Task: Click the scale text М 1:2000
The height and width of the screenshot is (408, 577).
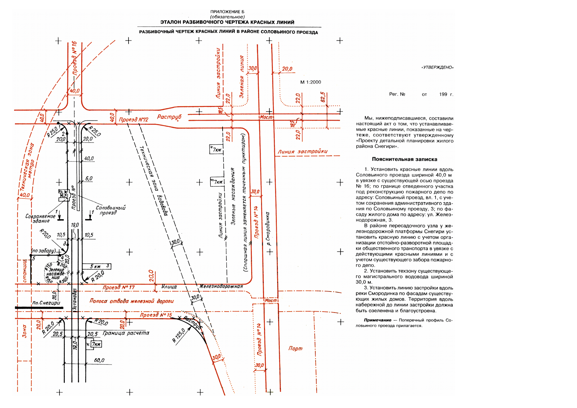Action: pyautogui.click(x=310, y=82)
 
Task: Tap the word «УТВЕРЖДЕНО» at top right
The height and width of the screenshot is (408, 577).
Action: pyautogui.click(x=437, y=67)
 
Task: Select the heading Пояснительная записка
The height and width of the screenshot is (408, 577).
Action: pyautogui.click(x=404, y=159)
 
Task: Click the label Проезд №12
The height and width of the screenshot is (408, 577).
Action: pyautogui.click(x=133, y=120)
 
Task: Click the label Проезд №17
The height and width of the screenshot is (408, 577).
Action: pyautogui.click(x=119, y=288)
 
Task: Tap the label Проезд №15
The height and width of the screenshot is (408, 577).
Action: pyautogui.click(x=156, y=315)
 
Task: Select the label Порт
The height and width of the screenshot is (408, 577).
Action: pyautogui.click(x=295, y=348)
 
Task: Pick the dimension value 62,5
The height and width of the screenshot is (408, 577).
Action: pyautogui.click(x=323, y=97)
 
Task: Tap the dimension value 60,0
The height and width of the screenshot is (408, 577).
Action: pyautogui.click(x=99, y=360)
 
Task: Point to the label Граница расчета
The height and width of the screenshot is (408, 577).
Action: pyautogui.click(x=126, y=333)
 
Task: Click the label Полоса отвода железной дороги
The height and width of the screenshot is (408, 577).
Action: pyautogui.click(x=132, y=301)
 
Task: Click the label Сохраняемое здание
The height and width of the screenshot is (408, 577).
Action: pyautogui.click(x=40, y=218)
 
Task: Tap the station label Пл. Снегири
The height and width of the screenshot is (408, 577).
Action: pyautogui.click(x=46, y=303)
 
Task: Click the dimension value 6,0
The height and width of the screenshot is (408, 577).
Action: pyautogui.click(x=89, y=179)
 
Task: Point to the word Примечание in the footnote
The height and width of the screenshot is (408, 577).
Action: pyautogui.click(x=377, y=320)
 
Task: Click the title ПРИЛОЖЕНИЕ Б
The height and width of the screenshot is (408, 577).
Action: pyautogui.click(x=227, y=12)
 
